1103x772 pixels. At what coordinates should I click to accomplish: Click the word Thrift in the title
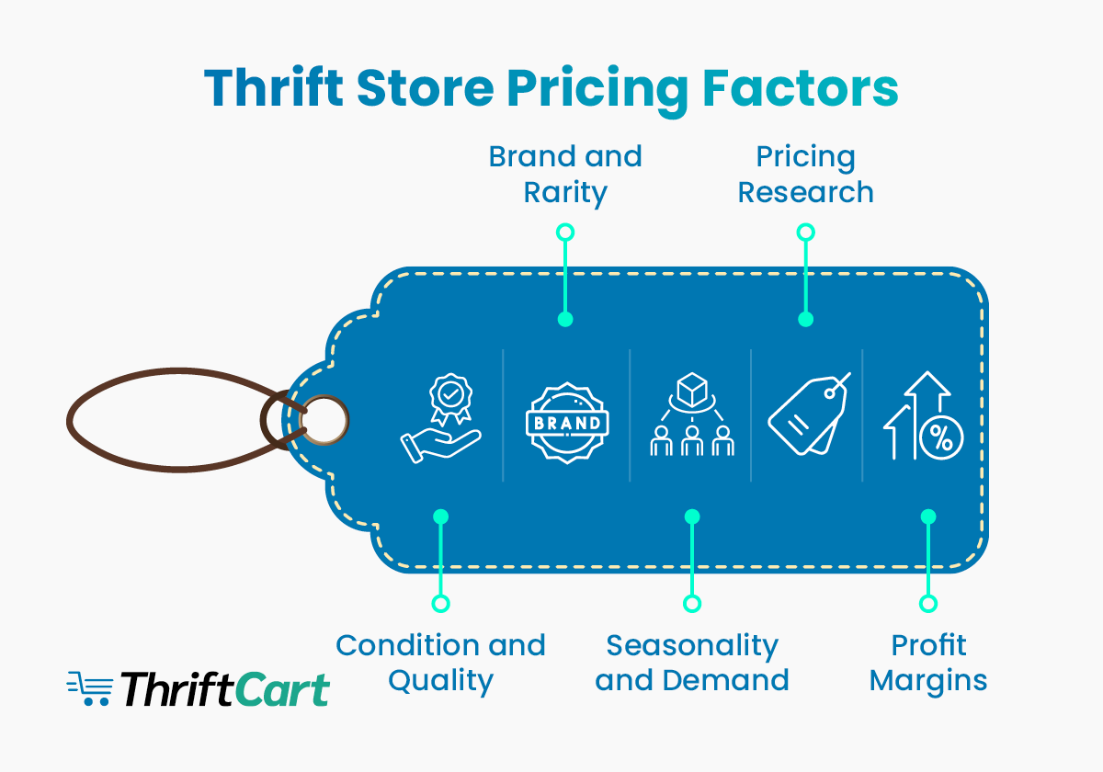tap(274, 89)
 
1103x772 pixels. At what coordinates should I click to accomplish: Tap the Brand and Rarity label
tap(565, 175)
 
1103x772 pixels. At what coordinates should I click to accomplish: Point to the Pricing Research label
tap(805, 175)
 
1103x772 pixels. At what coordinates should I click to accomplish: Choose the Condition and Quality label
tap(440, 662)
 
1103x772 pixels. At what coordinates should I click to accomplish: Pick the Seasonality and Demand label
tap(692, 662)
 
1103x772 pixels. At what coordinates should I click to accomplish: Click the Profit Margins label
tap(928, 662)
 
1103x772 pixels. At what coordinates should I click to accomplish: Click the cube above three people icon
tap(692, 418)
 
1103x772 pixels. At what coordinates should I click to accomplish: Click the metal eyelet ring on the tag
tap(325, 421)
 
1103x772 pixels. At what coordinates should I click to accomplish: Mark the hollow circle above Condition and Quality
tap(441, 604)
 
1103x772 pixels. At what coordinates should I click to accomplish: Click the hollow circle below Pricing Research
tap(806, 233)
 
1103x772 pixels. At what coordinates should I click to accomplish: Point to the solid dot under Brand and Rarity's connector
tap(565, 320)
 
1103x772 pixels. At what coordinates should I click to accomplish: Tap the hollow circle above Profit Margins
tap(928, 604)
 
